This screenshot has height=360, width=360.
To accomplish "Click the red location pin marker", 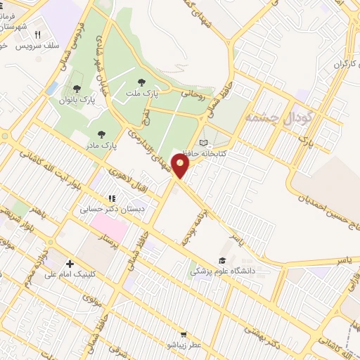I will pos(181,167).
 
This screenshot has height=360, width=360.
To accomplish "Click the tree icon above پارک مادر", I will pos(102,133).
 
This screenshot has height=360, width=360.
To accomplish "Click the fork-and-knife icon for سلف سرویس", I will pos(37,34).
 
